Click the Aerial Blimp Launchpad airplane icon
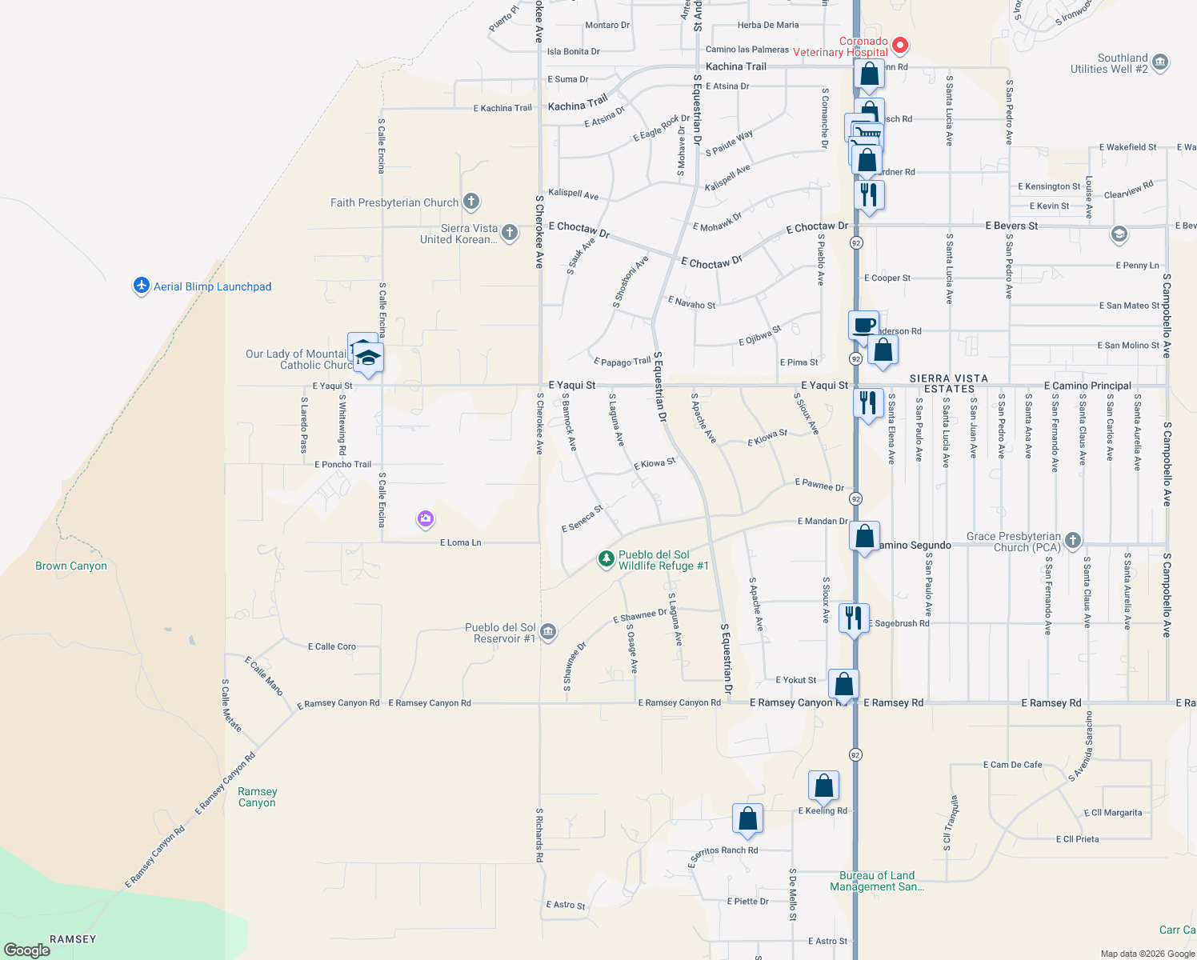pos(142,286)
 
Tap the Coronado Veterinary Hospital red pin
pos(900,45)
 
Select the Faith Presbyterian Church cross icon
pos(471,202)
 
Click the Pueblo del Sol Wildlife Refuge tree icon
pos(607,559)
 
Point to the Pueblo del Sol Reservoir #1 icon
pos(548,632)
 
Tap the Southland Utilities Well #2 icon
pos(1161,62)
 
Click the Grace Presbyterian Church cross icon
pos(1073,541)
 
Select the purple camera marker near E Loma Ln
pos(426,519)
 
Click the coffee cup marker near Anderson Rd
pos(863,326)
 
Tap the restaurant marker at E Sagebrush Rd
pos(854,618)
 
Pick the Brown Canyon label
pos(71,566)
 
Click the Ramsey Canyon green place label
pos(257,797)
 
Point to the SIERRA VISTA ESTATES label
pos(949,383)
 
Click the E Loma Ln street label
pos(461,542)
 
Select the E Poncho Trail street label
pos(342,464)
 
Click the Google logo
pos(27,950)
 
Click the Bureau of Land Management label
pos(877,881)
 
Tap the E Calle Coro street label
pos(332,646)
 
